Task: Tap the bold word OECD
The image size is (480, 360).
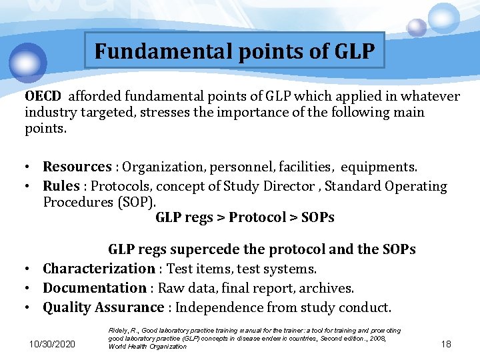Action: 43,97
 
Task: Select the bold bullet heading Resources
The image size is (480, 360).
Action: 77,167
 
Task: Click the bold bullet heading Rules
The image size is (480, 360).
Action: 61,186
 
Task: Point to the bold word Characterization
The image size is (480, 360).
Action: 99,269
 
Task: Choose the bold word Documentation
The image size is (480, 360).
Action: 95,288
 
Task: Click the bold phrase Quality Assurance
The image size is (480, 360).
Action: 103,307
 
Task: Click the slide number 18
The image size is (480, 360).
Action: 446,343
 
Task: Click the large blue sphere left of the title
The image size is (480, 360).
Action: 28,62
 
